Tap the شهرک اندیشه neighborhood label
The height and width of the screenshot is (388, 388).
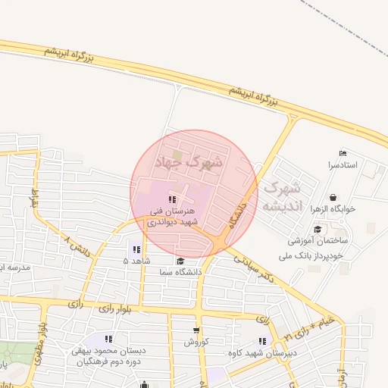281,196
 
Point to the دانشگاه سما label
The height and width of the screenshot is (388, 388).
180,271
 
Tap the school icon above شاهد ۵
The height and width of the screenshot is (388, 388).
136,249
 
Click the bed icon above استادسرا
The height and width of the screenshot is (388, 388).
343,154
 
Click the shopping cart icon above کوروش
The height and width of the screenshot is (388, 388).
196,330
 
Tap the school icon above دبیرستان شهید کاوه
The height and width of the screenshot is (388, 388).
262,341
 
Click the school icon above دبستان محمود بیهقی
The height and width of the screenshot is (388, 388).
108,339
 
